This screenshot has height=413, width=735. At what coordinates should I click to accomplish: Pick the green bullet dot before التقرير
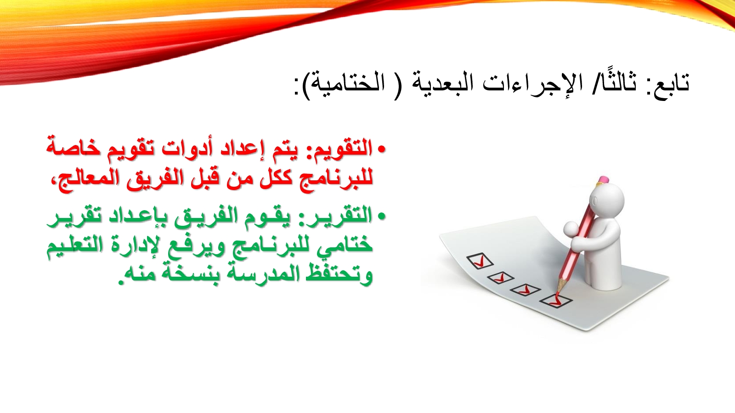381,216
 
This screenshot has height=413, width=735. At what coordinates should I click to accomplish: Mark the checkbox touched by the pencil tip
556,300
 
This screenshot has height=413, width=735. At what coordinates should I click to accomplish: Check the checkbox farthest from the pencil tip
480,261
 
